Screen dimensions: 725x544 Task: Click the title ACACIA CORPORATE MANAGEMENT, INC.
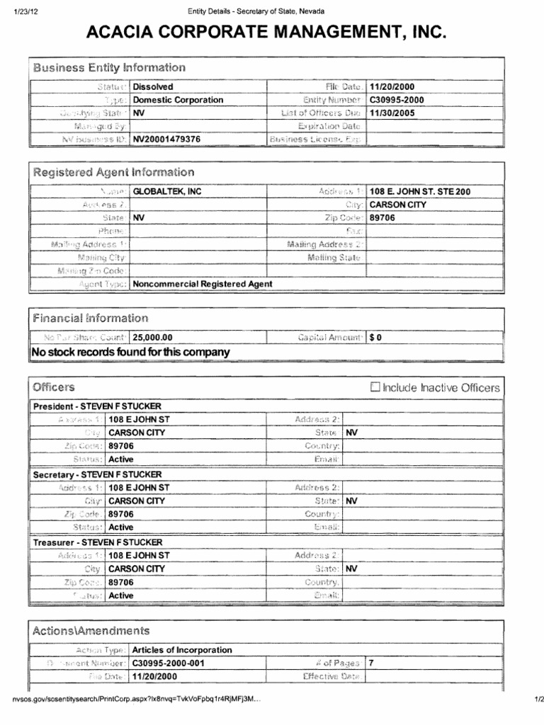tap(266, 32)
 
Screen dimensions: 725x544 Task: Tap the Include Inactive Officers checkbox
tap(375, 387)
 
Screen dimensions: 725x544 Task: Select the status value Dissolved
tap(153, 87)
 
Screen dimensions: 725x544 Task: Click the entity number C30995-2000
tap(397, 100)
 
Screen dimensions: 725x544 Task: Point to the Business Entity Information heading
tap(109, 68)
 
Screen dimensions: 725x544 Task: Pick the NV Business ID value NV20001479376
tap(166, 139)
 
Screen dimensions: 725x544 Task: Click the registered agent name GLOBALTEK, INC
tap(162, 192)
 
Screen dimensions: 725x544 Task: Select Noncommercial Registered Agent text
tap(203, 284)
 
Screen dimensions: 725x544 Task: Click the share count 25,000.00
tap(152, 338)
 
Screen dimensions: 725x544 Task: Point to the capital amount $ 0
tap(375, 338)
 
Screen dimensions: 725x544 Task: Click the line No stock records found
tap(130, 352)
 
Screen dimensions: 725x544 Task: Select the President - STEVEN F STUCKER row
tap(97, 406)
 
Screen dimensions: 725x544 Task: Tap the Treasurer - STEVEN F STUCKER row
tap(98, 542)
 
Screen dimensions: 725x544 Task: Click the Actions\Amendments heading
tap(91, 630)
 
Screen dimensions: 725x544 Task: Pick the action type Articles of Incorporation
tap(182, 650)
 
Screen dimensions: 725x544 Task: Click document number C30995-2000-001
tap(168, 663)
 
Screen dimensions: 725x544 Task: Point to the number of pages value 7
tap(372, 663)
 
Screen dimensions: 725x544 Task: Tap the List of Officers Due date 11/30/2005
tap(392, 113)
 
